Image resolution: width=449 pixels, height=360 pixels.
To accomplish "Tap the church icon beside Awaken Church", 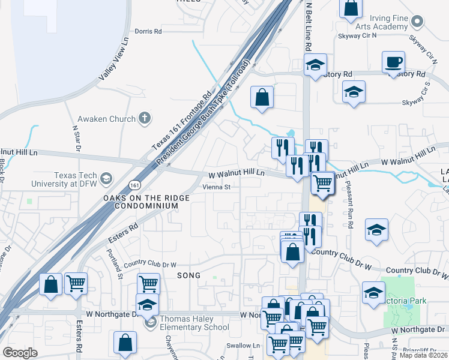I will pyautogui.click(x=144, y=118).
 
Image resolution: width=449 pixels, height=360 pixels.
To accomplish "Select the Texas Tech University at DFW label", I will pyautogui.click(x=76, y=178).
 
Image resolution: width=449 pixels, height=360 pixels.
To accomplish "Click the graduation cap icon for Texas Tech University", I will pyautogui.click(x=106, y=178).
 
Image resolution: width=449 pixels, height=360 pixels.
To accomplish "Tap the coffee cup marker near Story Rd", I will pyautogui.click(x=393, y=62).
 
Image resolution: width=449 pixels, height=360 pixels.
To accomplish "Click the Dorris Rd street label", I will pyautogui.click(x=148, y=31).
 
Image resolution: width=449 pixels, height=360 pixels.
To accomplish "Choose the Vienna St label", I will pyautogui.click(x=216, y=187).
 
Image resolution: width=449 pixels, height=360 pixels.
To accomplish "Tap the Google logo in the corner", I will pyautogui.click(x=20, y=353).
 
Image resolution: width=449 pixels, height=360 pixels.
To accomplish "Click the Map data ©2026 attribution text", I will pyautogui.click(x=423, y=355).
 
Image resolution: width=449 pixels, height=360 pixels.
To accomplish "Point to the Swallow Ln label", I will pyautogui.click(x=243, y=346).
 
